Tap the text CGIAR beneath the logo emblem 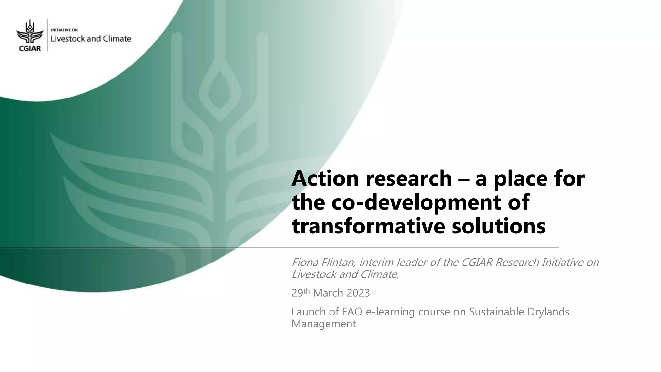pos(29,48)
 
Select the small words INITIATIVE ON pos(65,30)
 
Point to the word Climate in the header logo pos(117,39)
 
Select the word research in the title pos(408,179)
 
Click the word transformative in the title pos(368,226)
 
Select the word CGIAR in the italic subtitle pos(477,262)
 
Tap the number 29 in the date pos(297,293)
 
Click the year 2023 pos(358,293)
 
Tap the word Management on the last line pos(324,324)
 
